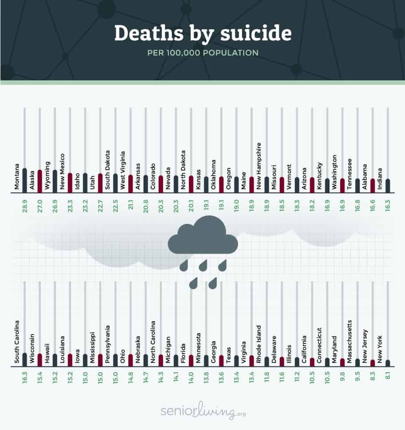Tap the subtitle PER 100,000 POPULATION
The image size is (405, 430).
(203, 53)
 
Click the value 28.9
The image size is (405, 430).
(24, 208)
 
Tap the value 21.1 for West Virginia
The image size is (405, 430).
(130, 208)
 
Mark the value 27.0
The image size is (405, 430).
(40, 208)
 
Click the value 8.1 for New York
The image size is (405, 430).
(388, 380)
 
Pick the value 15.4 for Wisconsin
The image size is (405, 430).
(40, 380)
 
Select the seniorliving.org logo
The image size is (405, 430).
(203, 412)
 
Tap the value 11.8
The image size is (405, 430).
(266, 380)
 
